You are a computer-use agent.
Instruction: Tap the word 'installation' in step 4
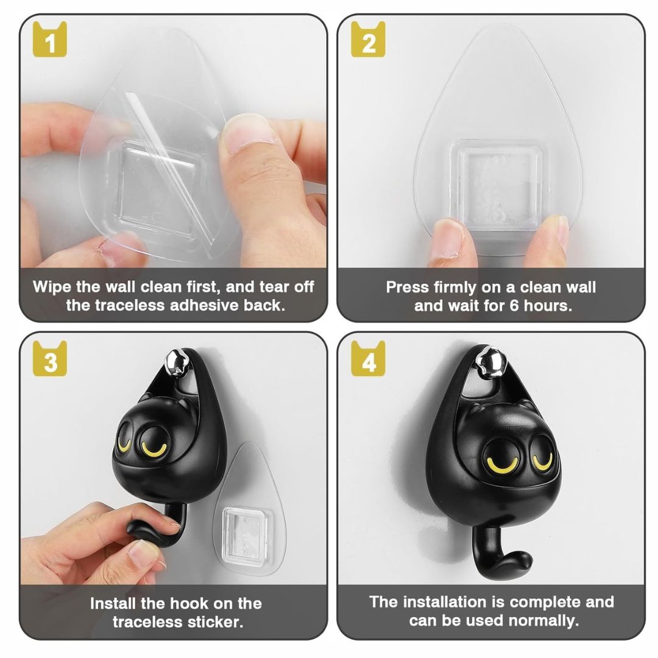[x=444, y=602]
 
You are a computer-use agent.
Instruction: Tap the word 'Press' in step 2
[x=407, y=288]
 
